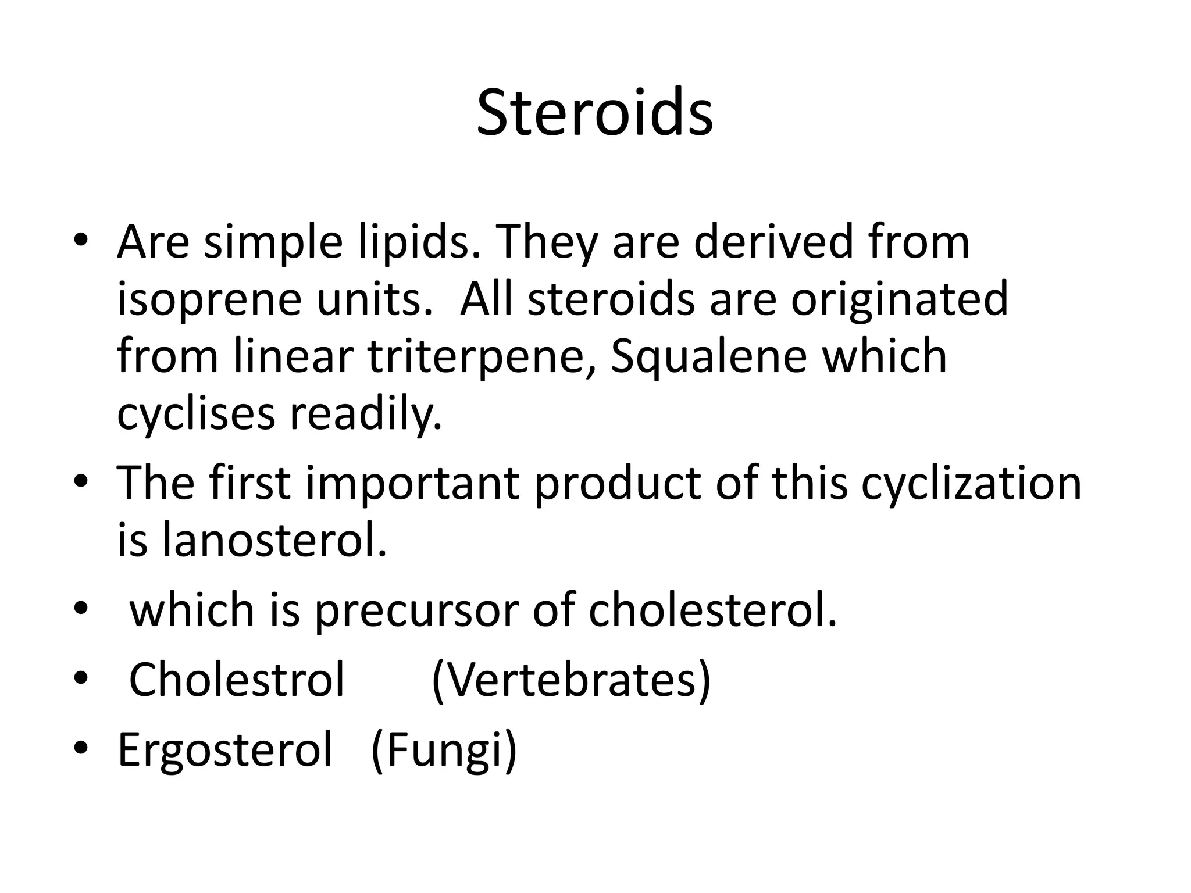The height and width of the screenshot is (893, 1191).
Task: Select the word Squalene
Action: coord(709,357)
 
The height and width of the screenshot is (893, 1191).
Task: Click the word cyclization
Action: coord(971,484)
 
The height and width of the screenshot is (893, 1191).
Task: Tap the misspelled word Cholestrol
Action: coord(237,679)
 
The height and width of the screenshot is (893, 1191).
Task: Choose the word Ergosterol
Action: coord(225,750)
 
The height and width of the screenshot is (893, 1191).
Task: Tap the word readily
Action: coord(366,415)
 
